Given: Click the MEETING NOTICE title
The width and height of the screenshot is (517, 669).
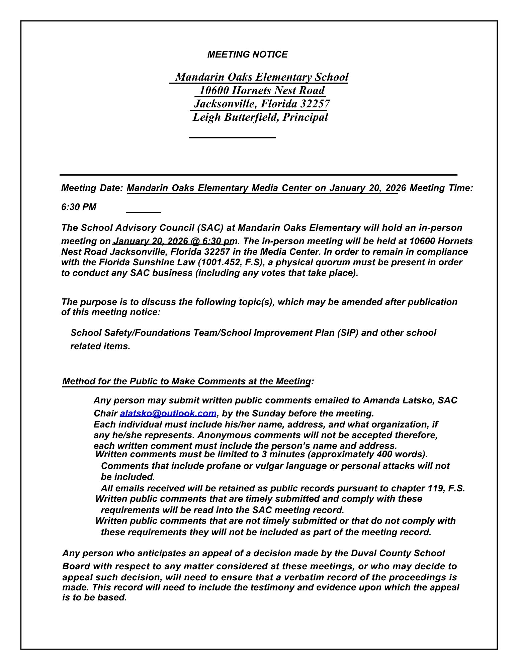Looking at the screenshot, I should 247,55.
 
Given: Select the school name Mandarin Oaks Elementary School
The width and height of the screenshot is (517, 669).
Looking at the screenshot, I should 262,77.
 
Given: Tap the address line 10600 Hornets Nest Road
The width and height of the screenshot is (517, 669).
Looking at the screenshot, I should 262,90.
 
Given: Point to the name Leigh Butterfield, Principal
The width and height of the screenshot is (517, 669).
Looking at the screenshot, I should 260,117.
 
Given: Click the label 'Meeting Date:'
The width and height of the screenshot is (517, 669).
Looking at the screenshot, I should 92,188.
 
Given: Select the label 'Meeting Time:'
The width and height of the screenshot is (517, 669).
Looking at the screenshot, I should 441,188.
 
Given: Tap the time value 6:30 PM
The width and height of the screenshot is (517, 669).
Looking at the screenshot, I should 79,207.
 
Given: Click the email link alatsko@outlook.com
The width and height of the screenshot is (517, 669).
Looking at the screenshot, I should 168,413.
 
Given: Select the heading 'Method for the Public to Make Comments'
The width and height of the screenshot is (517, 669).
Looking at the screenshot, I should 187,381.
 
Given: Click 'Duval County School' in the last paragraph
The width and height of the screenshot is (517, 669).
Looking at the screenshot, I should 398,553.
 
